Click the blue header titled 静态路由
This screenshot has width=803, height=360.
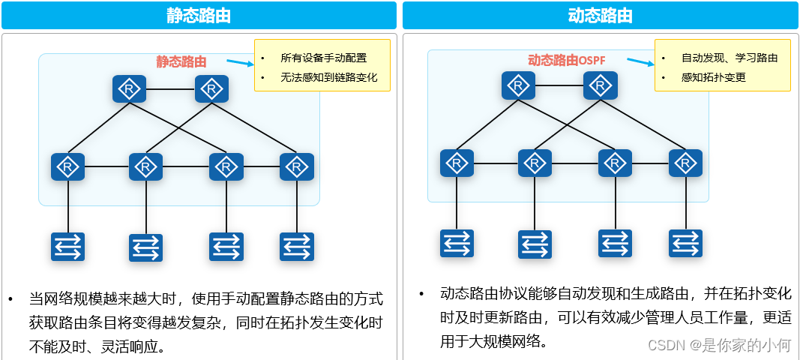pyautogui.click(x=199, y=16)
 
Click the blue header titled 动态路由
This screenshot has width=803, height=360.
pyautogui.click(x=600, y=16)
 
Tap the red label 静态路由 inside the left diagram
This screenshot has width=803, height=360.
pyautogui.click(x=181, y=61)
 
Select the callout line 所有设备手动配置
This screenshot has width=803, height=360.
pyautogui.click(x=323, y=58)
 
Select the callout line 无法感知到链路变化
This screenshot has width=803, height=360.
pyautogui.click(x=328, y=77)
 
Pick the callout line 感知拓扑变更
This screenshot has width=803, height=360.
pyautogui.click(x=713, y=77)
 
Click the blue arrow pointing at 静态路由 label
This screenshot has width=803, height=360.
pyautogui.click(x=239, y=63)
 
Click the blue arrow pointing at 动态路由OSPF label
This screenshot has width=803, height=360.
pyautogui.click(x=640, y=61)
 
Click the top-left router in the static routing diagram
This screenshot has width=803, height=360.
pyautogui.click(x=129, y=89)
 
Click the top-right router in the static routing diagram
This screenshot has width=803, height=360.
pyautogui.click(x=211, y=89)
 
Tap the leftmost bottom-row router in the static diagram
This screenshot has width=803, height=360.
pyautogui.click(x=67, y=166)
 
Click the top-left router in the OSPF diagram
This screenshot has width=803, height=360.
pyautogui.click(x=518, y=85)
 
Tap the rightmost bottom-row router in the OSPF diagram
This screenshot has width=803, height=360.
pyautogui.click(x=685, y=163)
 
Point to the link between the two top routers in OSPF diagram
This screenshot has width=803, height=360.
pyautogui.click(x=559, y=85)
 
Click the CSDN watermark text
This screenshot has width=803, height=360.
pyautogui.click(x=719, y=345)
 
